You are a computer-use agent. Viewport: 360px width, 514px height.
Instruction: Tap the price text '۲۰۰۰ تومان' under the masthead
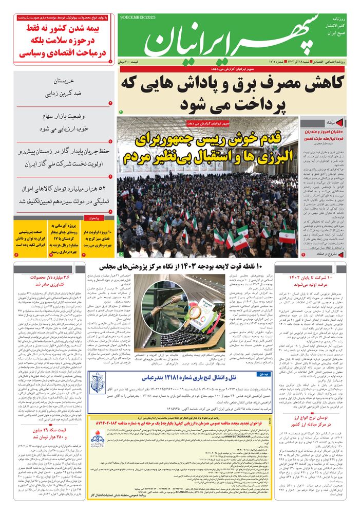click(x=130, y=62)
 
